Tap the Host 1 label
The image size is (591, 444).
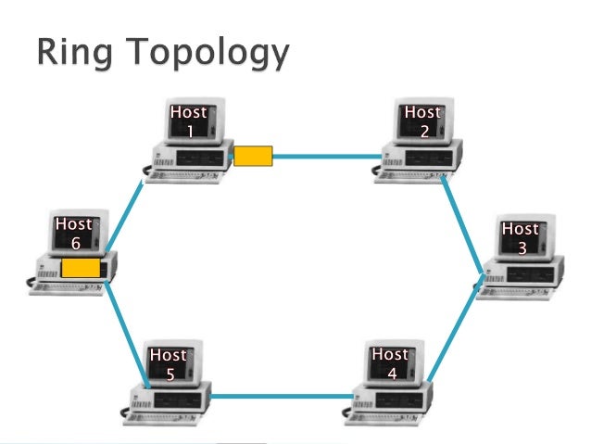click(x=189, y=121)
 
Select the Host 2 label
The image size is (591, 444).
click(x=423, y=121)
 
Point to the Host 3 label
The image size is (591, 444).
click(x=521, y=238)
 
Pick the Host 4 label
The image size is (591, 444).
click(x=390, y=363)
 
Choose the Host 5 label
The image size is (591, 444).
click(x=169, y=364)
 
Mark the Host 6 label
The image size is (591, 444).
click(x=74, y=233)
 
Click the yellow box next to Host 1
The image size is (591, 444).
click(x=253, y=155)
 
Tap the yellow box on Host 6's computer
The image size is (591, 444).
click(x=81, y=268)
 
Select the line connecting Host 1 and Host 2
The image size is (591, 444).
click(x=329, y=156)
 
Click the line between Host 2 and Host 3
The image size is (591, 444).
click(x=464, y=222)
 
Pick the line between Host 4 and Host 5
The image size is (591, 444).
click(x=283, y=397)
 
